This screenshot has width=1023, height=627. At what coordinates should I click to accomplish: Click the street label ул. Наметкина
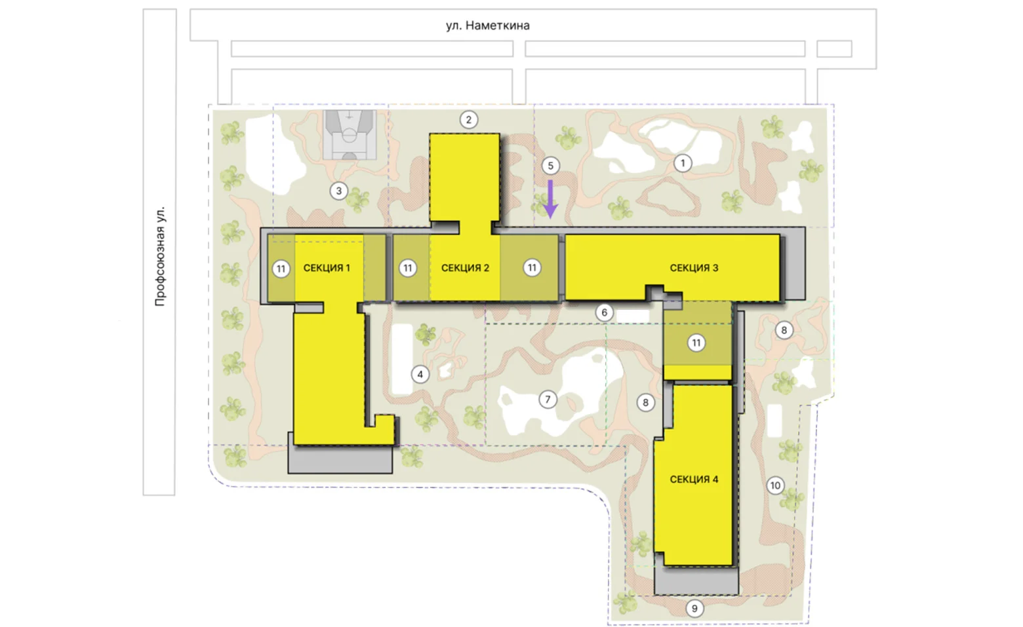[488, 26]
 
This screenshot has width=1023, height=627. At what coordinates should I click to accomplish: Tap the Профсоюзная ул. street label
[160, 256]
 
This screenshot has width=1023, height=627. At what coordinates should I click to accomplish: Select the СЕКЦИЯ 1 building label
[327, 268]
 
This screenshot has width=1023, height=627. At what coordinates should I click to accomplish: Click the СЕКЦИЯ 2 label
[465, 268]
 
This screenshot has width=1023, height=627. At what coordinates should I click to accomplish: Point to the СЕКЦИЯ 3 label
[694, 268]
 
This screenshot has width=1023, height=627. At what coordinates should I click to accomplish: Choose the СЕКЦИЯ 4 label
[694, 479]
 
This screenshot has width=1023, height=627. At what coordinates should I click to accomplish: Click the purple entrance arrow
[550, 199]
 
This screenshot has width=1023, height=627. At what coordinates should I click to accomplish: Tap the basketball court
[350, 134]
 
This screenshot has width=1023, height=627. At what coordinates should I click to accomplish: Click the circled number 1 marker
[683, 163]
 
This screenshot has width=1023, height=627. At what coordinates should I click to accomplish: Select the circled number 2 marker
[469, 120]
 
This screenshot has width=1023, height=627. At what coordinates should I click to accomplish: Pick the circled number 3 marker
[339, 191]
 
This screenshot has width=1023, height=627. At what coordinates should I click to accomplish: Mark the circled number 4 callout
[420, 375]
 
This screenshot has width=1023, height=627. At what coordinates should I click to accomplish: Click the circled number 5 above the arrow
[550, 166]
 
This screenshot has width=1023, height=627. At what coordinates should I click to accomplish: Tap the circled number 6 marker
[604, 313]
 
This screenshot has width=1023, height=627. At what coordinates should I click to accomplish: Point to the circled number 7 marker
[548, 400]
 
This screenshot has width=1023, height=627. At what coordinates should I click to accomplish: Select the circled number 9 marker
[694, 608]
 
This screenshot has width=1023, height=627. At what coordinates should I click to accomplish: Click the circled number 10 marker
[776, 485]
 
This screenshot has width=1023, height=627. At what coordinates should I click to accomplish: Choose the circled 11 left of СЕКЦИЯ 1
[281, 269]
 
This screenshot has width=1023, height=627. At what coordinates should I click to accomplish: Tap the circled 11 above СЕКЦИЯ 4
[696, 343]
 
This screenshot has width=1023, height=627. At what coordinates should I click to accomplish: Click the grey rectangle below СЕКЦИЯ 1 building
[340, 459]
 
